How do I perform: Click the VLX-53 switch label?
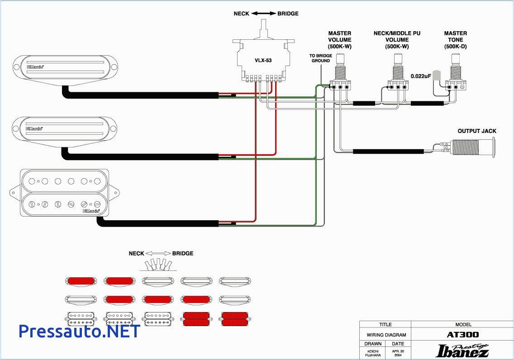tap(262, 60)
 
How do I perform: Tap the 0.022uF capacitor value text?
tap(420, 76)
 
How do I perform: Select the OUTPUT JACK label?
tap(476, 131)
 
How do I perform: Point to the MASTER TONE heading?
tap(455, 40)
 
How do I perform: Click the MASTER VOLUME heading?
tap(339, 40)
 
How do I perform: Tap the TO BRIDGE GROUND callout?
tap(320, 58)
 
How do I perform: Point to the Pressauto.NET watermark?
tap(79, 331)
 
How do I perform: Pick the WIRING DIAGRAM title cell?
tap(385, 335)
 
